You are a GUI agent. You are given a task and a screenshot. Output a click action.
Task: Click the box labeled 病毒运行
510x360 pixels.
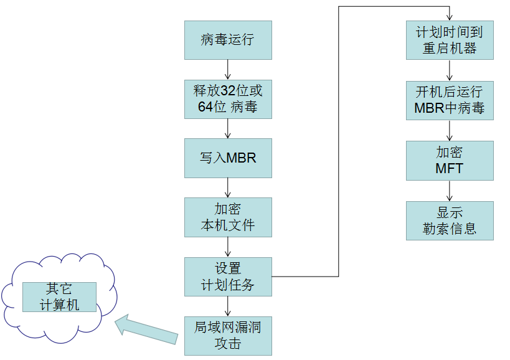pos(228,40)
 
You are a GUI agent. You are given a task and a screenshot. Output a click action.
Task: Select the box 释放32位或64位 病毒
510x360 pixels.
pos(228,98)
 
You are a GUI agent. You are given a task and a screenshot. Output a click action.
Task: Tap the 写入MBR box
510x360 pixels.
pos(228,158)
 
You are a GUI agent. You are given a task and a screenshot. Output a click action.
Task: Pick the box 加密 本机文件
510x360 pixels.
pos(228,217)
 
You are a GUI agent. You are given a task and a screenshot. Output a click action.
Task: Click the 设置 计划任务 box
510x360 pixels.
pos(228,277)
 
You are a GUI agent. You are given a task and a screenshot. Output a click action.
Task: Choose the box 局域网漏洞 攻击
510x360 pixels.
pos(228,335)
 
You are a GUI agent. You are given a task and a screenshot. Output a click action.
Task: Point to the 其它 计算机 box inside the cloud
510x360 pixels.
pos(59,297)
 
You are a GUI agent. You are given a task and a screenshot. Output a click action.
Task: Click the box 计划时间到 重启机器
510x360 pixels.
pos(450,40)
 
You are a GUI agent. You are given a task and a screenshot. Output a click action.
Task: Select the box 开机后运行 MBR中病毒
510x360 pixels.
pos(450,100)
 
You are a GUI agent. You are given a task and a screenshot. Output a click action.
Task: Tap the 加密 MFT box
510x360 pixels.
pos(450,160)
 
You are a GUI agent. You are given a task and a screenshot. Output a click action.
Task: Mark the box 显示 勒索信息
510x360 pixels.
pos(450,220)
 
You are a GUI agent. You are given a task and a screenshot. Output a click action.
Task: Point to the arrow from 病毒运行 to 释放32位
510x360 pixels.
pos(228,69)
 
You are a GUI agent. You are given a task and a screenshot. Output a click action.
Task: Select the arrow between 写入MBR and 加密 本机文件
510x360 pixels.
pos(228,187)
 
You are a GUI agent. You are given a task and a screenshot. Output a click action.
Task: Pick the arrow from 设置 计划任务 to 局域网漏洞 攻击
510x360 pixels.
pos(228,306)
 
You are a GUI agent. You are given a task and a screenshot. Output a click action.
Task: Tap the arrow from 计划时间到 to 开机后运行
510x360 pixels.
pos(450,70)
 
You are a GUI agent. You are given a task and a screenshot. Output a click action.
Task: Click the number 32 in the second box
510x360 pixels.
pos(227,91)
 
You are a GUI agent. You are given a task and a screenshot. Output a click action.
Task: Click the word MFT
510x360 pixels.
pos(450,168)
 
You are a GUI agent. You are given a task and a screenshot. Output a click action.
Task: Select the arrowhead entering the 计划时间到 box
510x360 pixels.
pos(450,17)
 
